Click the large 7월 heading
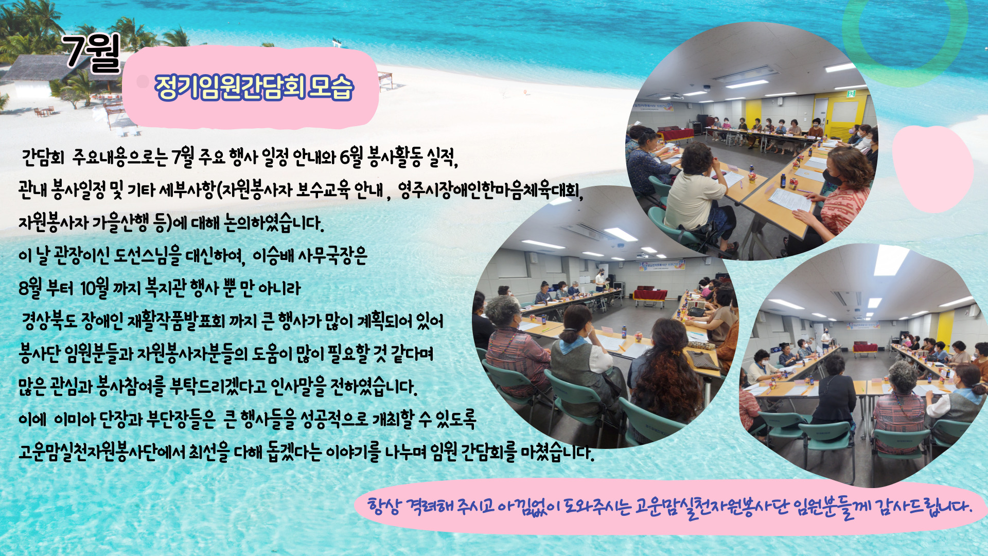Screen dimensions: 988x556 (92, 53)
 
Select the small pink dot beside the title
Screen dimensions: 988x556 (143, 81)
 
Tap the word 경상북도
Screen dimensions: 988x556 (49, 322)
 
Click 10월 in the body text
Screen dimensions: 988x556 (94, 288)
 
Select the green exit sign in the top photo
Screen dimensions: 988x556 (851, 93)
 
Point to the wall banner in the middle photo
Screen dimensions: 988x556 (661, 266)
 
